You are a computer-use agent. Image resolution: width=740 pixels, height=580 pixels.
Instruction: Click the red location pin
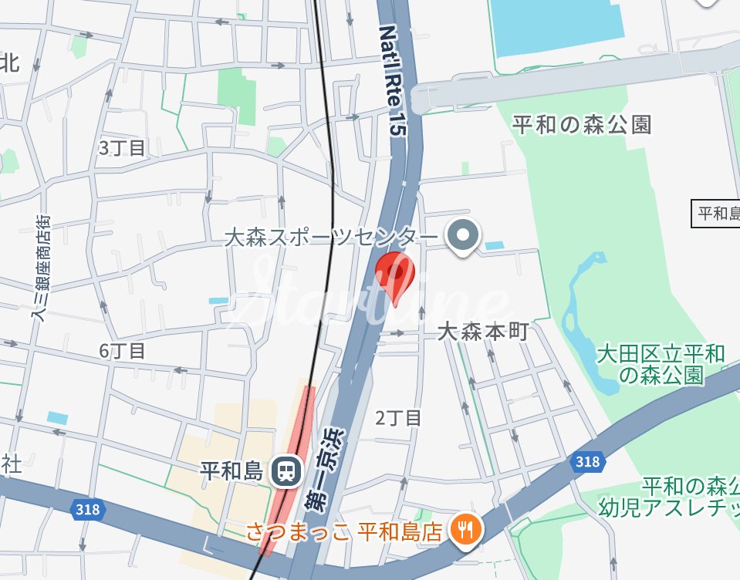coord(394,274)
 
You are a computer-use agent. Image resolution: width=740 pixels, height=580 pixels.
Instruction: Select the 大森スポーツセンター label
coord(331,236)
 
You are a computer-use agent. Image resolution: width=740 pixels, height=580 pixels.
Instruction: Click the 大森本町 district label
coord(482,332)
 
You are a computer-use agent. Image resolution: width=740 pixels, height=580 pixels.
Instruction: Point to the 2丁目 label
coord(398,418)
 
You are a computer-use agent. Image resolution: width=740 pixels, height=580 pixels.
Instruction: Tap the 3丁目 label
coord(122,147)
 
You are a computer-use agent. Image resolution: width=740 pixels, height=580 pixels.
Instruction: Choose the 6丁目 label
coord(122,351)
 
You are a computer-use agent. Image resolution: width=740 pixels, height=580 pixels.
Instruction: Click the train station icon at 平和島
coord(286,470)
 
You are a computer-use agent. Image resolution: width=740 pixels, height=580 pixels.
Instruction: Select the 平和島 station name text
coord(232,469)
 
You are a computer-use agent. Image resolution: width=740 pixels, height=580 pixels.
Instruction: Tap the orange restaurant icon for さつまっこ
coord(466,529)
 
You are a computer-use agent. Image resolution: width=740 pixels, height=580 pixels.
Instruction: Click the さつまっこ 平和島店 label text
coord(344,531)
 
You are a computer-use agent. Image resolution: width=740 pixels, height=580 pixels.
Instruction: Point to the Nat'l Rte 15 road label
coord(391,80)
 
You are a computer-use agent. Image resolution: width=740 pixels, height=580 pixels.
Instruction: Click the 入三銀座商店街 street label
coord(41,267)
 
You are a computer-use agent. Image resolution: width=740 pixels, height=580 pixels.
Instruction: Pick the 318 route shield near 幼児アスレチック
coord(586,462)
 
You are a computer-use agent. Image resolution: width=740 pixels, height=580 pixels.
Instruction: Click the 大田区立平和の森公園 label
coord(661,364)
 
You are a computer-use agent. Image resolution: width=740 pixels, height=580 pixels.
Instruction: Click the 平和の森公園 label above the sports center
coord(583,124)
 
